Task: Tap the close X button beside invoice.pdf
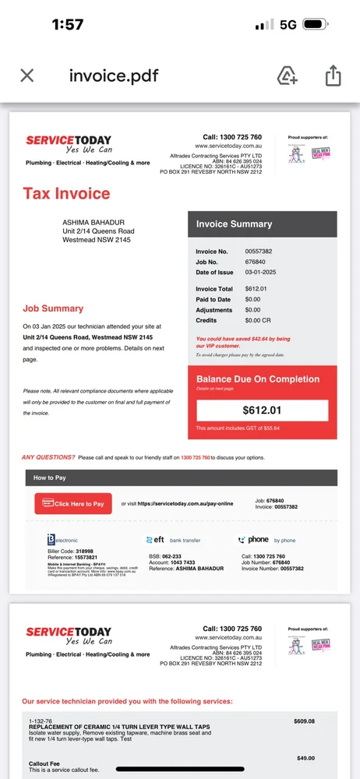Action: (26, 76)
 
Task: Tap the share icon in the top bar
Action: (333, 76)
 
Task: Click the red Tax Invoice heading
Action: (66, 194)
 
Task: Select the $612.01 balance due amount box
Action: (262, 410)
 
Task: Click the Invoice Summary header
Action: (234, 224)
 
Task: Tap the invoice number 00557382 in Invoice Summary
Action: (259, 252)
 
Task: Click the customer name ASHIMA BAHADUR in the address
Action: (93, 223)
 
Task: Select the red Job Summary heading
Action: (53, 308)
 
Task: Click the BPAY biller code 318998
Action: (90, 550)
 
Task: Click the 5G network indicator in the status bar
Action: (288, 25)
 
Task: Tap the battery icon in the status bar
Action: (316, 25)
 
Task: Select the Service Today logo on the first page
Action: (69, 145)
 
